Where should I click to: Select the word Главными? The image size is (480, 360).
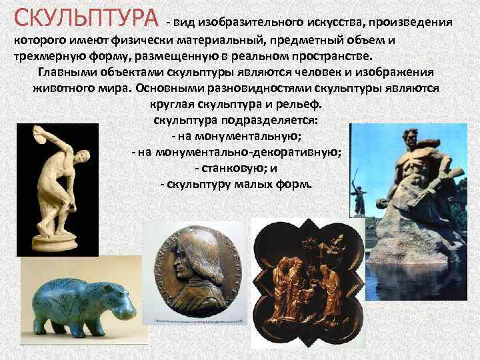click(x=66, y=72)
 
